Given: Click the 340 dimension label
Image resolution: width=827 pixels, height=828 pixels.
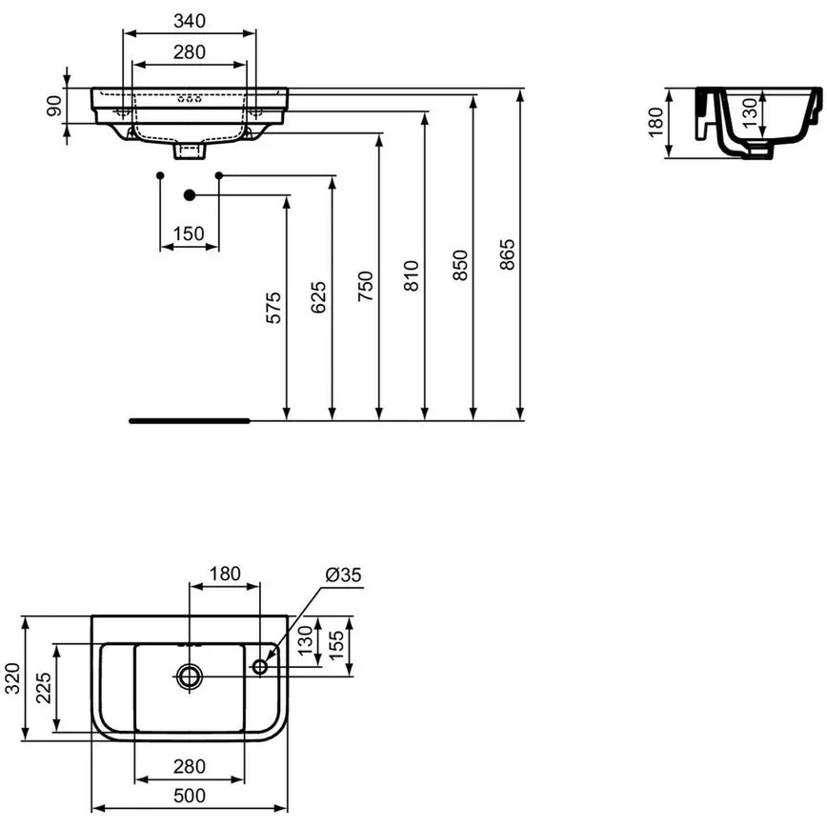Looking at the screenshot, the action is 189,21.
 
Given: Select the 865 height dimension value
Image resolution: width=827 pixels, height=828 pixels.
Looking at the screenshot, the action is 507,254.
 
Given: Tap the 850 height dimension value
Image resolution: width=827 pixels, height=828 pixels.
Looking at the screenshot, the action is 460,265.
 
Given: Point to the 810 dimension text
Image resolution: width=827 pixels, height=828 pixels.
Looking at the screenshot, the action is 411,275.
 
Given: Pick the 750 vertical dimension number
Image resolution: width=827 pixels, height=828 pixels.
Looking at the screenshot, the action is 366,286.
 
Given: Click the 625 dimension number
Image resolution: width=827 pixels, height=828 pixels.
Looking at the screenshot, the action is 318,297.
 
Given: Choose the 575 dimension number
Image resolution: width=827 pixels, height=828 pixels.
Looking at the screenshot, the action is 273,308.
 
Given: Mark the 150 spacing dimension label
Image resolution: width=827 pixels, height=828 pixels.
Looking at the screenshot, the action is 189,233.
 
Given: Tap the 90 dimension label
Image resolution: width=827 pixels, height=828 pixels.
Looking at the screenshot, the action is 54,106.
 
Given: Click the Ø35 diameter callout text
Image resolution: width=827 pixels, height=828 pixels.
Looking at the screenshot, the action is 343,575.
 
